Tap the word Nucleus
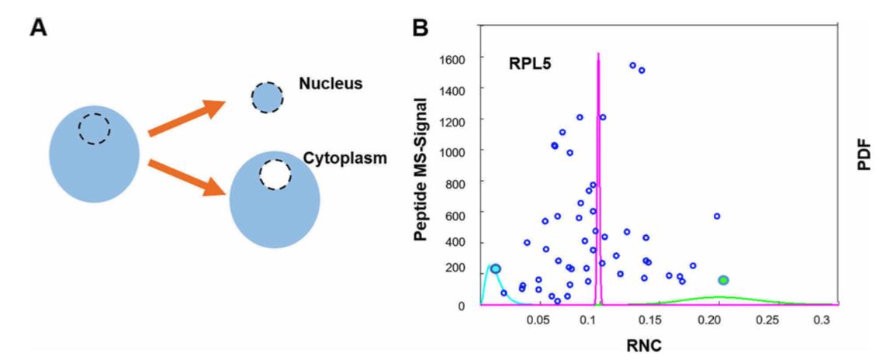click(x=331, y=83)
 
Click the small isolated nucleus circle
click(x=268, y=98)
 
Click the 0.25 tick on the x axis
click(x=767, y=320)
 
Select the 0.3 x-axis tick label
click(x=821, y=320)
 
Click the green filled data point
click(x=723, y=280)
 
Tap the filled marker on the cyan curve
click(x=496, y=268)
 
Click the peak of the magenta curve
click(x=598, y=54)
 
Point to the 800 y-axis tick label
click(x=453, y=182)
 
